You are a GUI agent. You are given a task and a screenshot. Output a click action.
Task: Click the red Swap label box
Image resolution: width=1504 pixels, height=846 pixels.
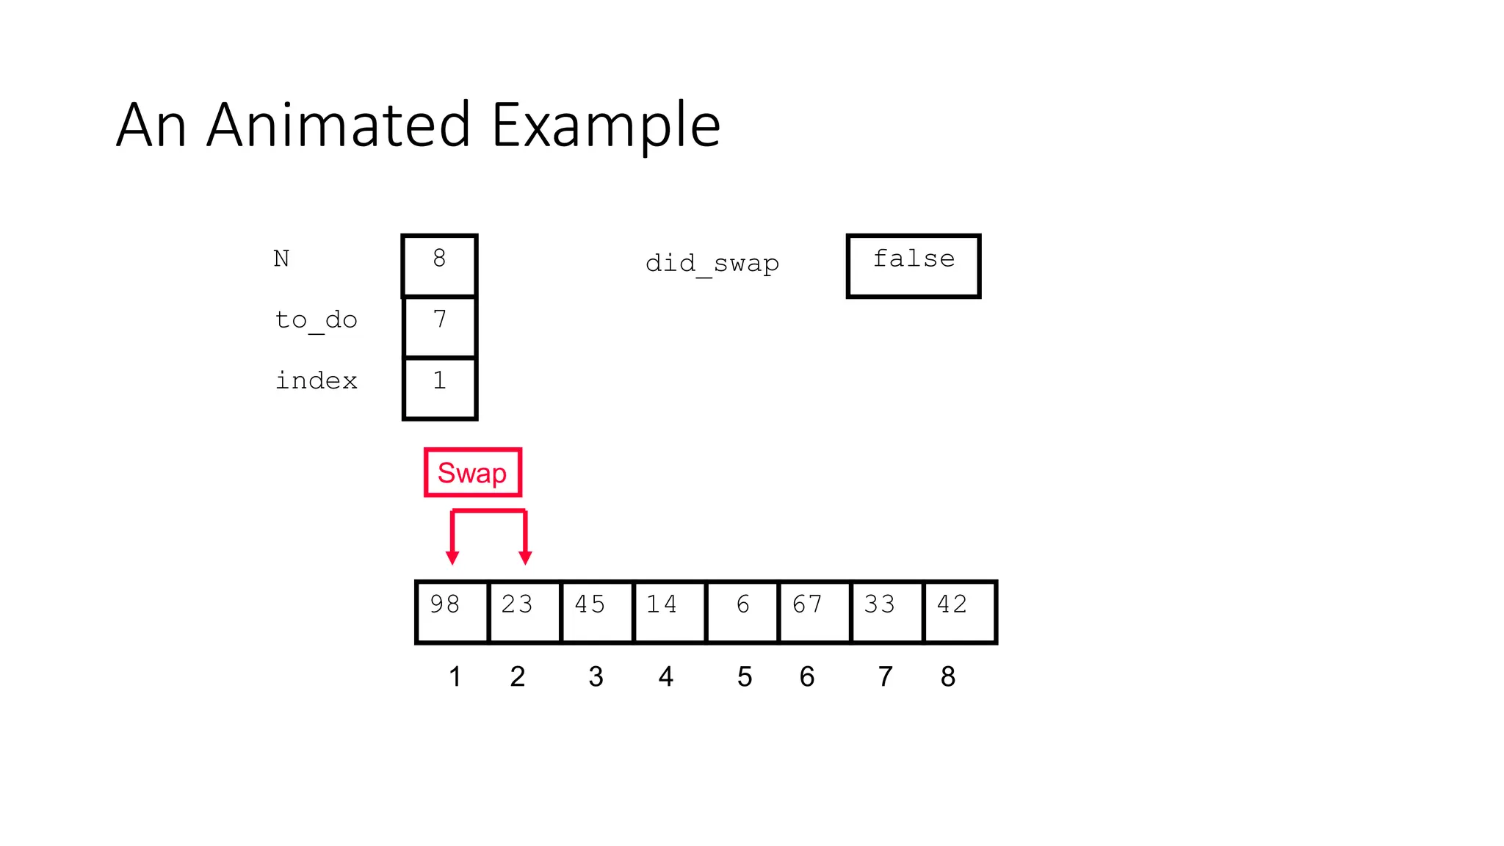click(x=472, y=472)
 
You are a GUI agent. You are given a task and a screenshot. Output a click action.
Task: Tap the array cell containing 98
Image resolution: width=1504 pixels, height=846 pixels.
click(x=452, y=612)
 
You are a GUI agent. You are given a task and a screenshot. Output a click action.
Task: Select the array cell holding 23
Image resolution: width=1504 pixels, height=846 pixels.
click(x=524, y=612)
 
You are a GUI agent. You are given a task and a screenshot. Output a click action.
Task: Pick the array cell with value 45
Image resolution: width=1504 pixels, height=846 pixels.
click(x=596, y=612)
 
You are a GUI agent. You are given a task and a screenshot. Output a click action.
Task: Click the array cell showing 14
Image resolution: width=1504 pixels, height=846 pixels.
click(x=669, y=612)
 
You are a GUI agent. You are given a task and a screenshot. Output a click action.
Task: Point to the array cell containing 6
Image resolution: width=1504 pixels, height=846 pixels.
click(x=742, y=612)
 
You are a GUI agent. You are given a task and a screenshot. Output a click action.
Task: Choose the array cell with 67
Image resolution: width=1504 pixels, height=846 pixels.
click(x=814, y=612)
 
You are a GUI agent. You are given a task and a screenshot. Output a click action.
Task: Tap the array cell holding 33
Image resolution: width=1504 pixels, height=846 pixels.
click(x=886, y=612)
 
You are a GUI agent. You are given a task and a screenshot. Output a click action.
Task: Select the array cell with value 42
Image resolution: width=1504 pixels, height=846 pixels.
click(x=959, y=612)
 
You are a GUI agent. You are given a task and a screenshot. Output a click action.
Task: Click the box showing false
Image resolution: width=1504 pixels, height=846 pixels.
click(x=914, y=266)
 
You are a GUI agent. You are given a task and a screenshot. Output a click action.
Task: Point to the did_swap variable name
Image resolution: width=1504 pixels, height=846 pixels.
click(x=712, y=263)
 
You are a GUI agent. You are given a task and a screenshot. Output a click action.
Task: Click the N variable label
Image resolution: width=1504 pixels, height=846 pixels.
click(x=281, y=258)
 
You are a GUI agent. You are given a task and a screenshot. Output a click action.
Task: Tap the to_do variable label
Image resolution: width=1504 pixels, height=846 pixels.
click(x=316, y=320)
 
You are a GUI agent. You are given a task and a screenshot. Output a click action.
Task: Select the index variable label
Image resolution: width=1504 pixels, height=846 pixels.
click(x=316, y=380)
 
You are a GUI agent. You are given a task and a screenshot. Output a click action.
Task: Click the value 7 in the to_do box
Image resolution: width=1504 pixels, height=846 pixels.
click(x=439, y=319)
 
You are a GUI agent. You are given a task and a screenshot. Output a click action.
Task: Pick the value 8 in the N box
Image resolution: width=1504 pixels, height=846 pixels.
click(x=439, y=258)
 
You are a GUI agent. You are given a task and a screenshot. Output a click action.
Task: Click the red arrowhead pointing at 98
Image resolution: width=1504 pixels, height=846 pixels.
click(x=452, y=557)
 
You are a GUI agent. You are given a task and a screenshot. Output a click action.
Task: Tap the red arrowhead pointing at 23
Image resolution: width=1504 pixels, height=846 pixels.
click(x=525, y=557)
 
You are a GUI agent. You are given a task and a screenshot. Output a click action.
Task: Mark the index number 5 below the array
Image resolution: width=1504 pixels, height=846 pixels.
click(x=745, y=676)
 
